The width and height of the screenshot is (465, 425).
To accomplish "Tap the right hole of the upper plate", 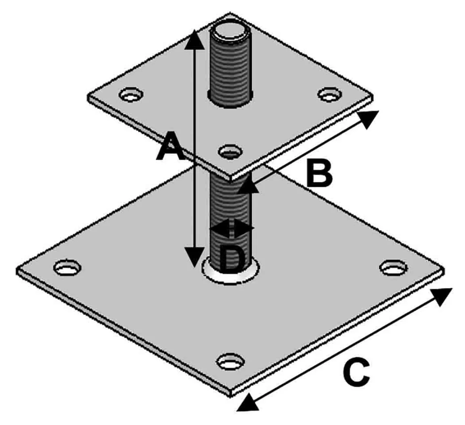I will coord(329,94).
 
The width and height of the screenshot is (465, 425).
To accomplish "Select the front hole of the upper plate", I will coord(231,151).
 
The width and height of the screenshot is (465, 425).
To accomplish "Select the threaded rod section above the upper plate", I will coord(229,69).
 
